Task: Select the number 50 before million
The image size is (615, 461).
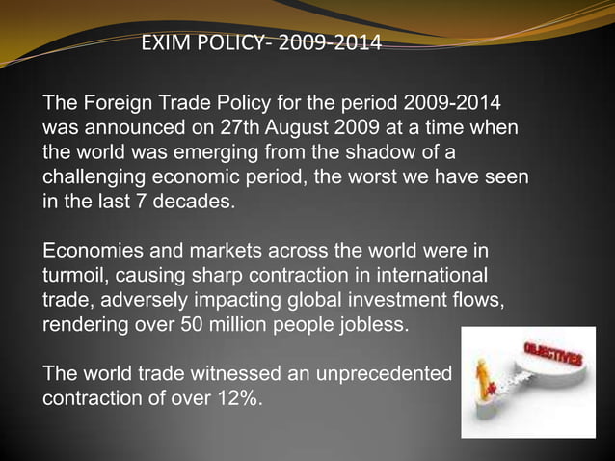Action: coord(192,328)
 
